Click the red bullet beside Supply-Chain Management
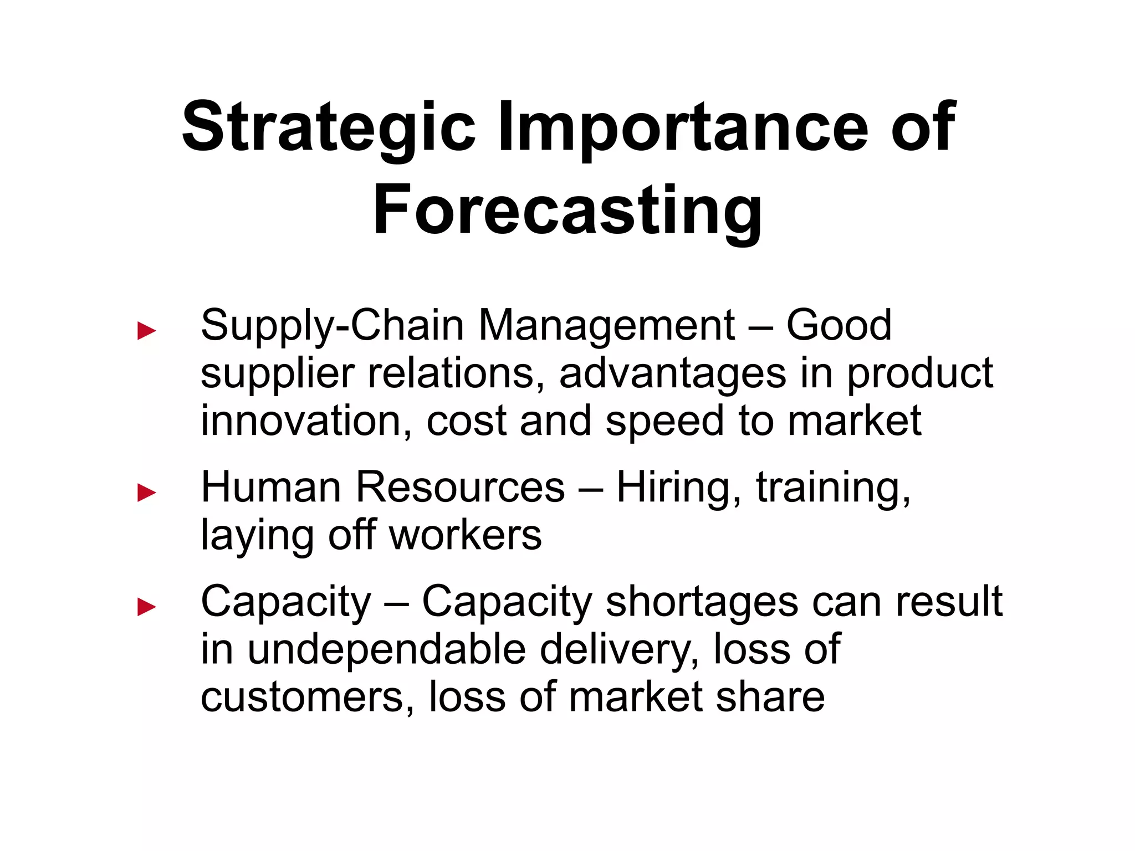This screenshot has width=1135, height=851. click(147, 331)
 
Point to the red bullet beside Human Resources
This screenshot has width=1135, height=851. click(147, 493)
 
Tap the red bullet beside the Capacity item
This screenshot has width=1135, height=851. click(147, 607)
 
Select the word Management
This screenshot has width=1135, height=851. click(607, 326)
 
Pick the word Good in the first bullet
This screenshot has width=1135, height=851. click(839, 326)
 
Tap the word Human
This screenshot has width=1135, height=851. click(270, 488)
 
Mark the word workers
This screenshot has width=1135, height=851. click(466, 536)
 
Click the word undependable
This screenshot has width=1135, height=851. click(387, 650)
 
